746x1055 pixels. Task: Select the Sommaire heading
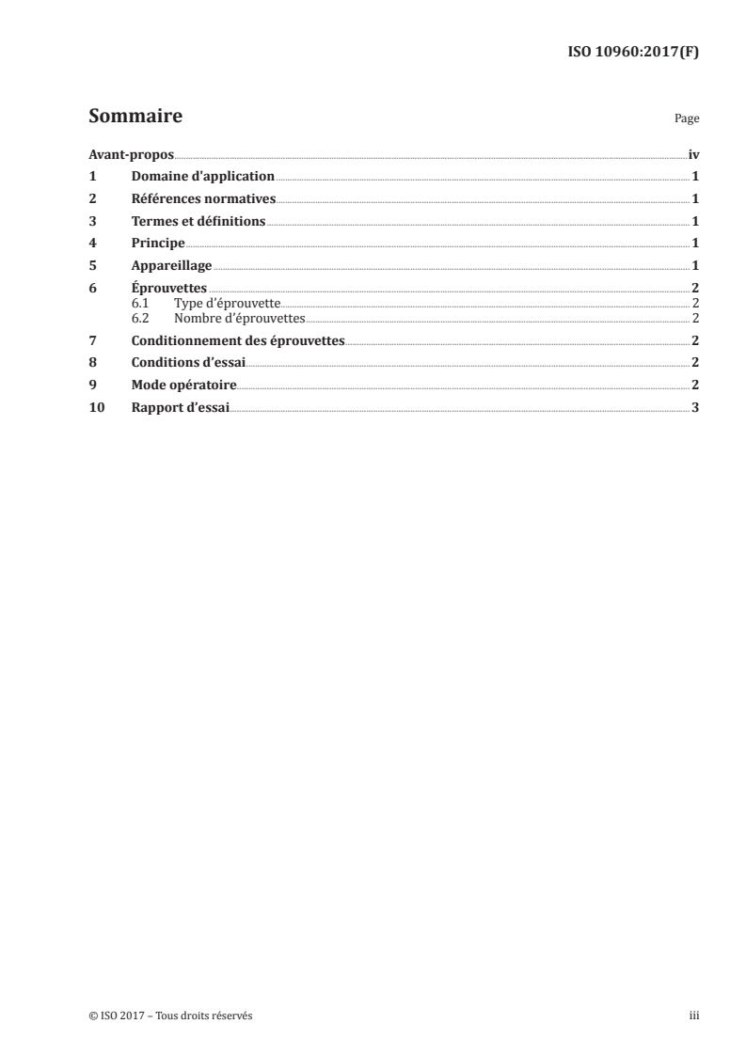[x=135, y=118]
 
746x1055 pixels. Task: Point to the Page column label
[x=687, y=119]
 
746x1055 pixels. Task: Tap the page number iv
[x=693, y=153]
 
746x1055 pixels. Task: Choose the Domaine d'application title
[x=203, y=176]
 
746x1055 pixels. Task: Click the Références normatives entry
[x=204, y=198]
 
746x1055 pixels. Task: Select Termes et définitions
[x=199, y=222]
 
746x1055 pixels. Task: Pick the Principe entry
[x=159, y=244]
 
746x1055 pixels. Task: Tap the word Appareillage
[x=172, y=266]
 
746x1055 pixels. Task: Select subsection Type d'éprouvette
[x=228, y=303]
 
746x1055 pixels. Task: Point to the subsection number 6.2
[x=140, y=317]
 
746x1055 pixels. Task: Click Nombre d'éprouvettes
[x=240, y=317]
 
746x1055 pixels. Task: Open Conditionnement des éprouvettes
[x=239, y=339]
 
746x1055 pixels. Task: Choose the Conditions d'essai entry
[x=189, y=362]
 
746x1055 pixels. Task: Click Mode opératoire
[x=184, y=385]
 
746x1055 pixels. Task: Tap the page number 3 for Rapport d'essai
[x=694, y=407]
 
